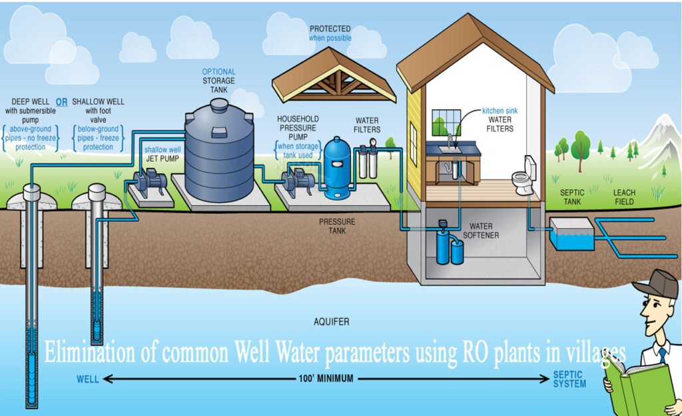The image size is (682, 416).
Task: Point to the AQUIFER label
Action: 331,321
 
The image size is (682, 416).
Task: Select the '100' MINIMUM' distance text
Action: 326,379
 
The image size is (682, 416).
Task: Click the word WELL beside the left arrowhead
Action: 88,379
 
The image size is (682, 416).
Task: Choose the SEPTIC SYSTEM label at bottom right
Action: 569,379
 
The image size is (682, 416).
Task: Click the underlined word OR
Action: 61,102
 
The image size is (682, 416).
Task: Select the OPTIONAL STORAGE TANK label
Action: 219,81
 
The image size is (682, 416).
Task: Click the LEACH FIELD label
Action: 624,197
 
